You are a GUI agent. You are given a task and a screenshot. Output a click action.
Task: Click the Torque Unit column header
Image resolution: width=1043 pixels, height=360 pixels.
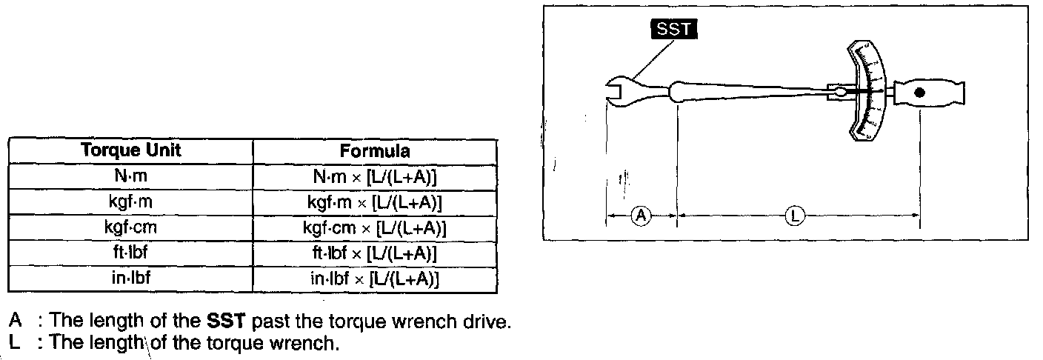point(131,150)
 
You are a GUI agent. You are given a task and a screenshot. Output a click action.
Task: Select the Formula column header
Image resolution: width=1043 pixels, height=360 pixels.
point(375,151)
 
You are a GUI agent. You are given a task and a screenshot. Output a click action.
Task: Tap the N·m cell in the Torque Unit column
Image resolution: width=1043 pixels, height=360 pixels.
point(131,176)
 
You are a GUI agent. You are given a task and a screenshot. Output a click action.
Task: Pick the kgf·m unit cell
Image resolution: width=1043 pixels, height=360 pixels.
point(131,201)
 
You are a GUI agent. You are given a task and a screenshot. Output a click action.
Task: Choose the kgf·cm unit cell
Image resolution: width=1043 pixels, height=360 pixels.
point(131,227)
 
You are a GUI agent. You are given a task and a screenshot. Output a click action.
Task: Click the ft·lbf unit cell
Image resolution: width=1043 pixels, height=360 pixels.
point(131,253)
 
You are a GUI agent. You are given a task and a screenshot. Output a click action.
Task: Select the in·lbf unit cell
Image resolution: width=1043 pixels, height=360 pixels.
point(131,278)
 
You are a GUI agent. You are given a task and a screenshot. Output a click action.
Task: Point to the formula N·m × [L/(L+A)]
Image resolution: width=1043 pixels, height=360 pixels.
point(375,177)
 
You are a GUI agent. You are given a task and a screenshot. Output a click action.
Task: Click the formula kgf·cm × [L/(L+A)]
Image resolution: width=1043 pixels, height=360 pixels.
point(375,228)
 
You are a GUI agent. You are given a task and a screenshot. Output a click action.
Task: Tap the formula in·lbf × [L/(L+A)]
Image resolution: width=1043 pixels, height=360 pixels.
point(375,279)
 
